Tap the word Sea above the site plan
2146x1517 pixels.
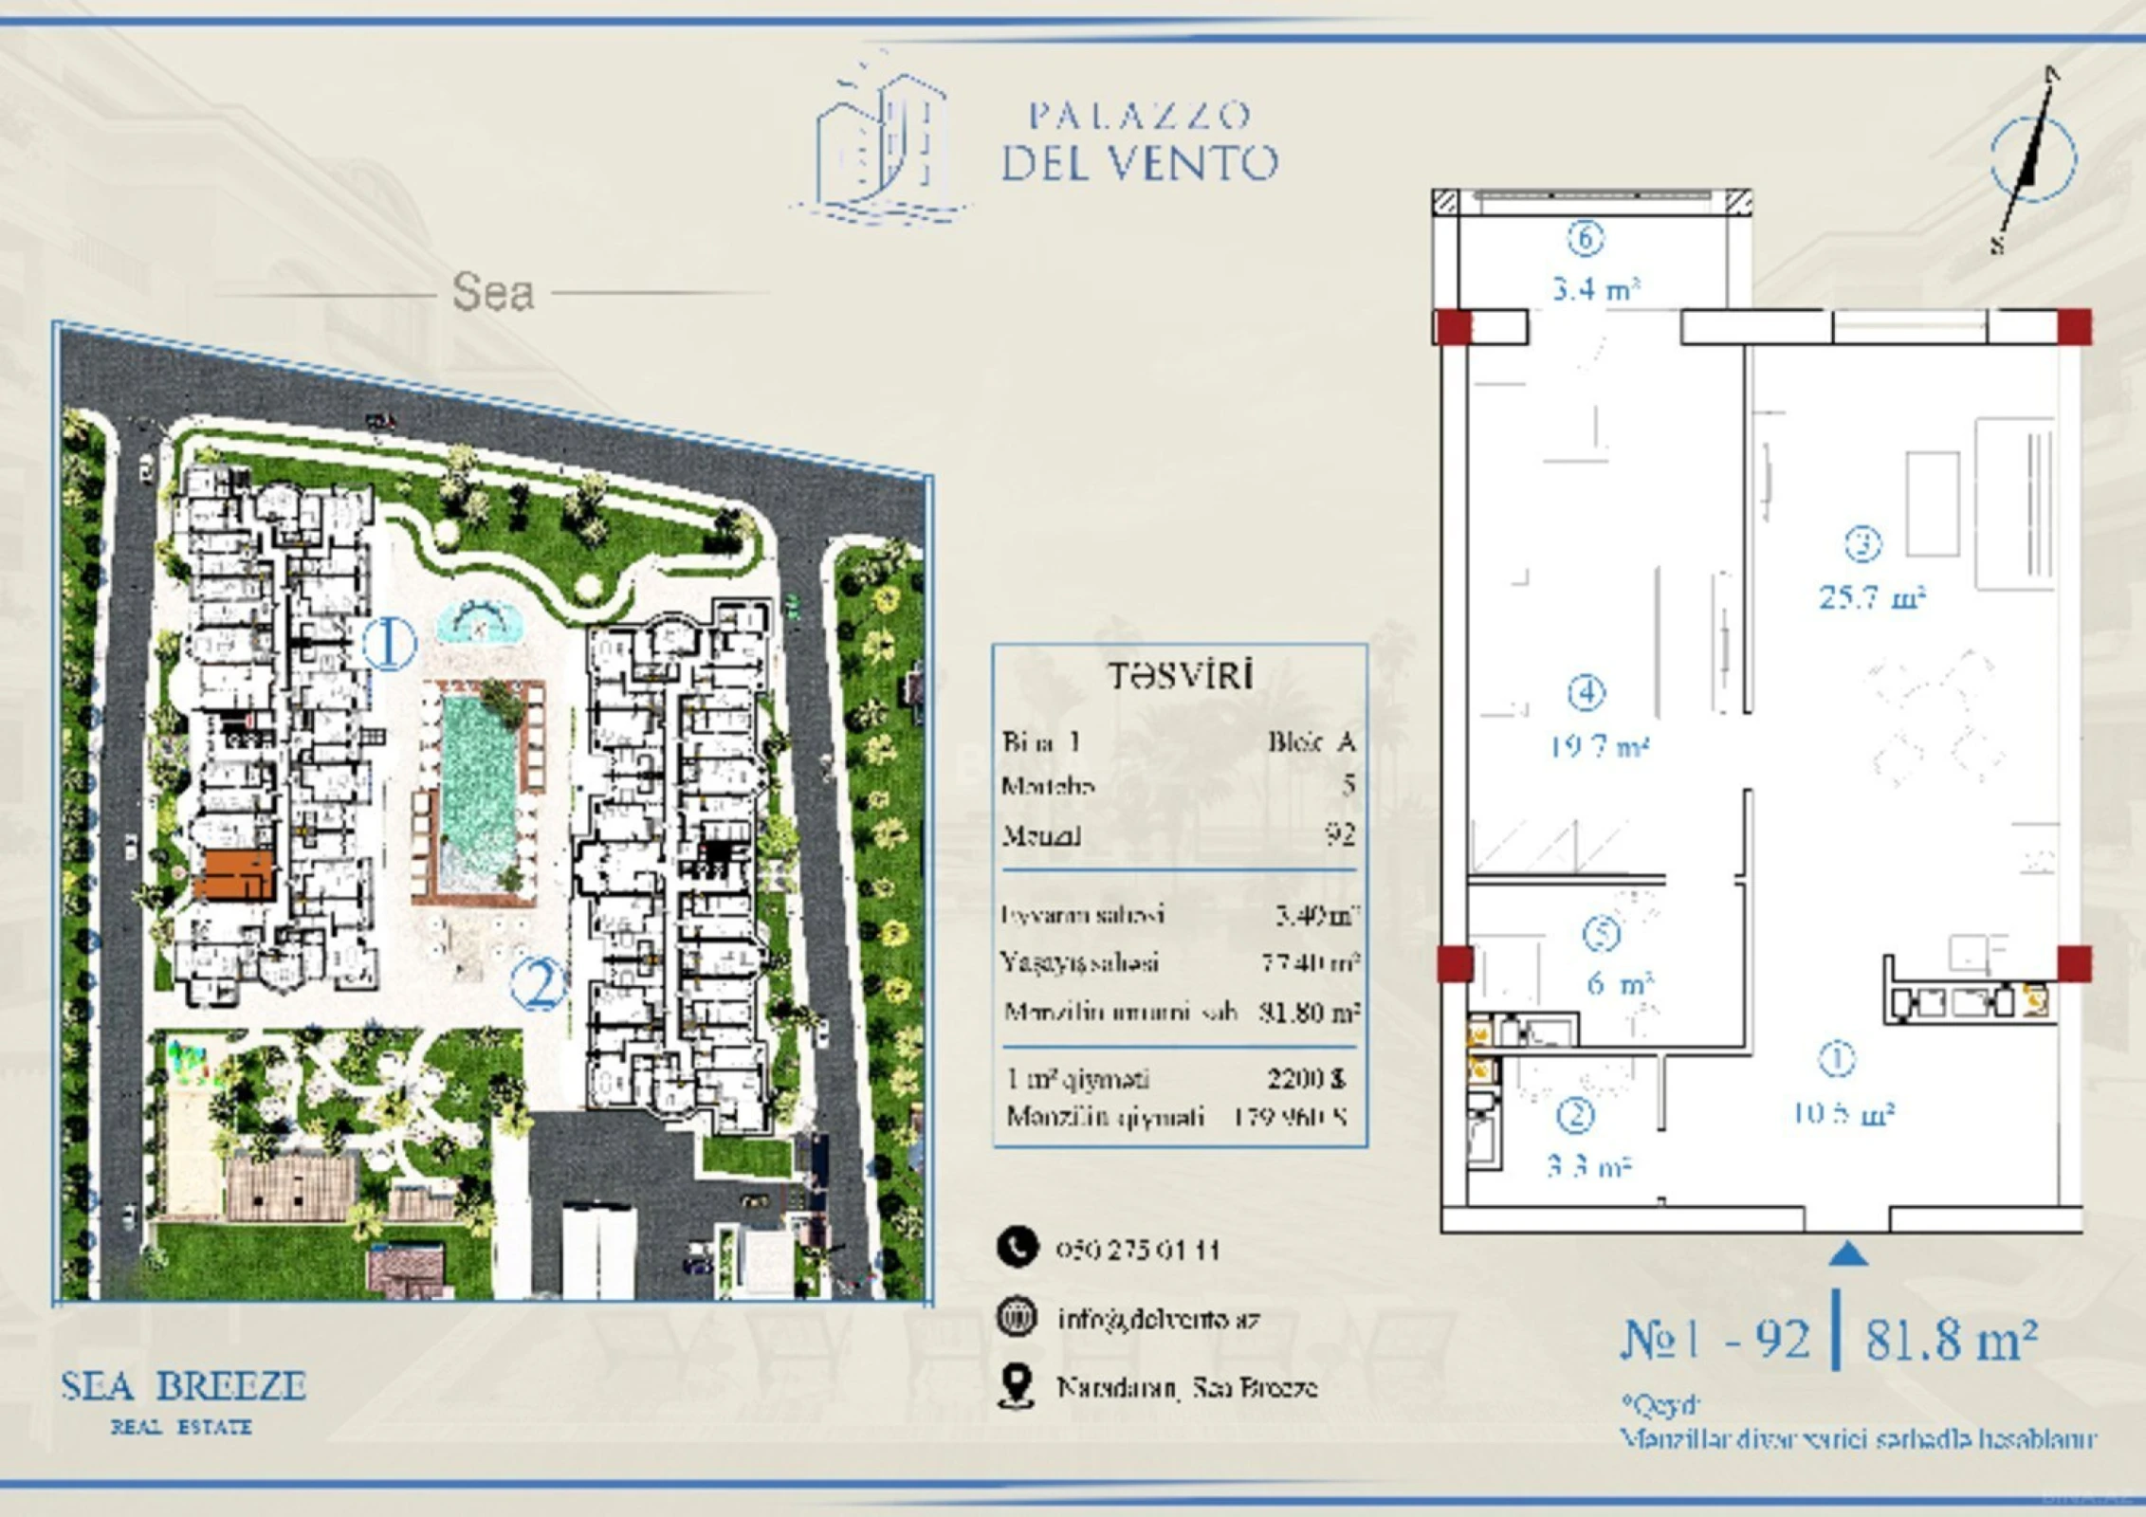pos(492,292)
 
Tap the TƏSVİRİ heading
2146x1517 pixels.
pos(1180,676)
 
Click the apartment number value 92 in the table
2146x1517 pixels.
pos(1340,834)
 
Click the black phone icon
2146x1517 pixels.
pos(1017,1247)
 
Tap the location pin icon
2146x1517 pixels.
pos(1017,1386)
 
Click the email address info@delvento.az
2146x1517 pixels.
pos(1158,1319)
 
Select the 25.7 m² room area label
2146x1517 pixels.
pos(1871,597)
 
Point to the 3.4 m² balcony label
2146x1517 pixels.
pos(1595,288)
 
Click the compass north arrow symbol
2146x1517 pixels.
pos(2032,159)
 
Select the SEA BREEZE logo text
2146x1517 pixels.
pos(183,1387)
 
